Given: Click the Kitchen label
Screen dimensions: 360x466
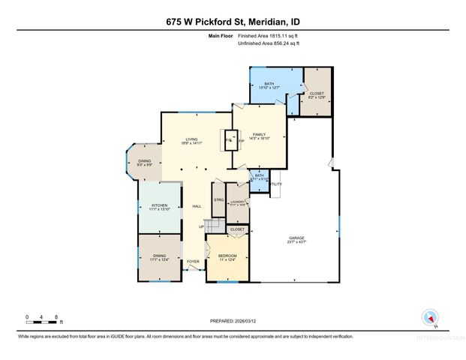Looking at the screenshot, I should (x=159, y=206).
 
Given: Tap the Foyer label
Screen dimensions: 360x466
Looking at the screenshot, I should (x=193, y=262).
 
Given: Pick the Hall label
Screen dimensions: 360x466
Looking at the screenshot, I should (x=197, y=206).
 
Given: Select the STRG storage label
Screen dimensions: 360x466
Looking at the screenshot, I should (x=218, y=200).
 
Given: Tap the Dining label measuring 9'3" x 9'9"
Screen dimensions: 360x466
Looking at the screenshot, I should (x=145, y=161).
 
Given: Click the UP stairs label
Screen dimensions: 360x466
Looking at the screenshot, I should (x=201, y=227).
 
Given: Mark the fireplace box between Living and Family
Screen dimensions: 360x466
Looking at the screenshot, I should (x=230, y=139).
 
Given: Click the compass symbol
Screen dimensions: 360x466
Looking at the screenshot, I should (x=430, y=317).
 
